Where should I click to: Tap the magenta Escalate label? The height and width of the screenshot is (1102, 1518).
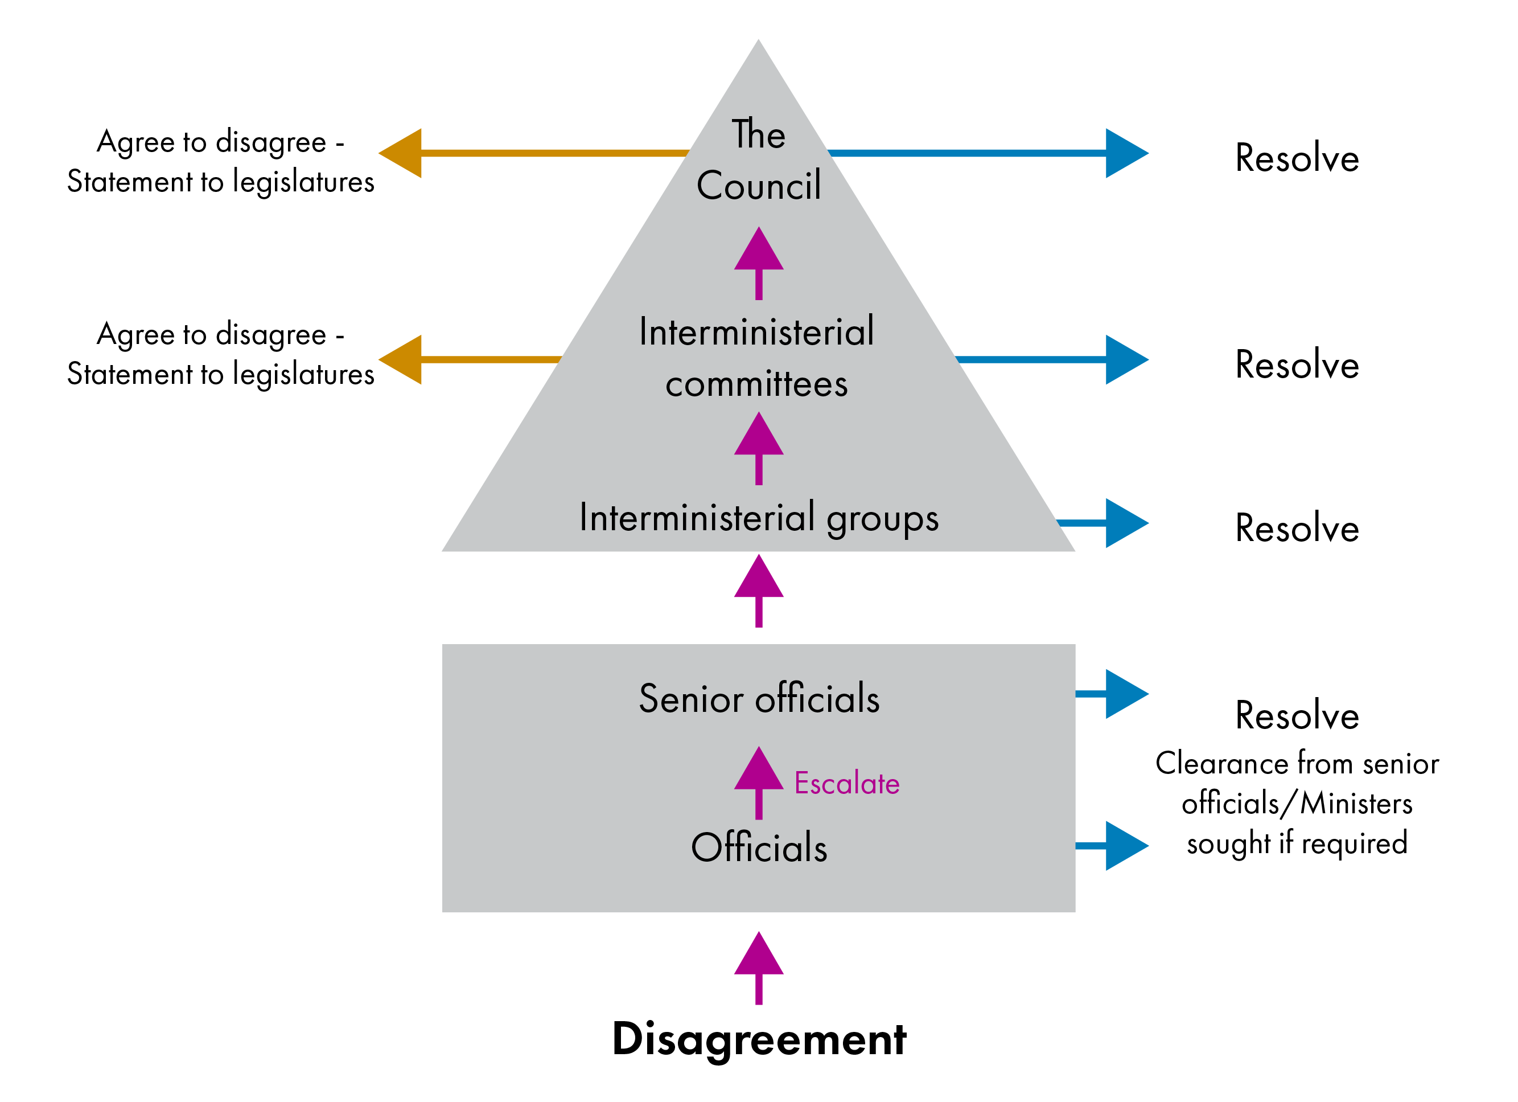point(847,783)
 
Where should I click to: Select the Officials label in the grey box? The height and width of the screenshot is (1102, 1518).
point(759,847)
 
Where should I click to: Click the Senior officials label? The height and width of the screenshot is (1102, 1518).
point(759,699)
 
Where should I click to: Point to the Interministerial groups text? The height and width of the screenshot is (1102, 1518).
point(759,518)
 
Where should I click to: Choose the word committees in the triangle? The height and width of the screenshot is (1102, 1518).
point(756,384)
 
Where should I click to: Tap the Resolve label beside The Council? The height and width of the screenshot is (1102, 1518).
point(1297,159)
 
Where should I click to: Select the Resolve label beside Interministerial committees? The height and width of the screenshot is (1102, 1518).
point(1297,366)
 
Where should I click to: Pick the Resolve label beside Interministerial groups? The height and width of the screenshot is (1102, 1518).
point(1297,529)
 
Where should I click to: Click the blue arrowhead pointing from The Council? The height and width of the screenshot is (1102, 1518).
point(1125,153)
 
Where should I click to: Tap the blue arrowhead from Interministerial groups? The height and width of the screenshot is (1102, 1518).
point(1125,523)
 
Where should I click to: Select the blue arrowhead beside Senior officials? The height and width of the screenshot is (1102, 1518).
point(1125,694)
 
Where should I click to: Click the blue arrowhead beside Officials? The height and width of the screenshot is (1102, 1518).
point(1125,846)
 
